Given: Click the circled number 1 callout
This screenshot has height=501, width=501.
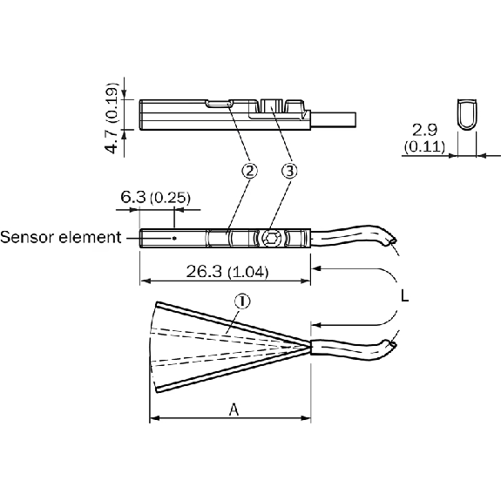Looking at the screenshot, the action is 242,301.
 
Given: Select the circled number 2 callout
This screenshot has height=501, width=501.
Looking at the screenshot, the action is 250,171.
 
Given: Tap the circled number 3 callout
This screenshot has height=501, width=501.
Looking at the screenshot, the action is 289,171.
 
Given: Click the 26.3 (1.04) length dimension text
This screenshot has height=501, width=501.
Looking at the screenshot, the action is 227,272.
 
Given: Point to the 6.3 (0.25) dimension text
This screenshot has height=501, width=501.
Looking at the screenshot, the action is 155,198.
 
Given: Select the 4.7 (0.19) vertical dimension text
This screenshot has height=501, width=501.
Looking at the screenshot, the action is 112,118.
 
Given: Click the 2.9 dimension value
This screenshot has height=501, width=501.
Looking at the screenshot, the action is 424,130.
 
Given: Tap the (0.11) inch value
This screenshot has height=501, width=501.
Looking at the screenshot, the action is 424,146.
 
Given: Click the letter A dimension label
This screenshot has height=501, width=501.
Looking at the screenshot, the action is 234,410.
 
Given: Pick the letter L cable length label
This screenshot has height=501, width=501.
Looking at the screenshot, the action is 405,296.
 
